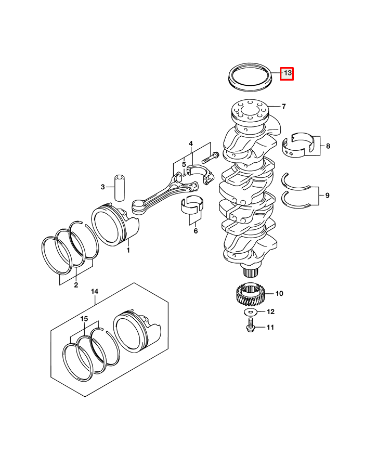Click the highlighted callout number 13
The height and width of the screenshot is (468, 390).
click(287, 73)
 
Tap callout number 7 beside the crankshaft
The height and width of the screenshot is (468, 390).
click(284, 107)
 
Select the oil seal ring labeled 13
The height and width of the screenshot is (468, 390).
click(250, 77)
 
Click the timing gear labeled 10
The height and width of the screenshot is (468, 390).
click(250, 294)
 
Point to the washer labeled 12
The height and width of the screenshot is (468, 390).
click(250, 313)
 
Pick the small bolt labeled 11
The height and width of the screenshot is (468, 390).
click(250, 326)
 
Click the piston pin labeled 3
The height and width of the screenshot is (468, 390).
click(120, 188)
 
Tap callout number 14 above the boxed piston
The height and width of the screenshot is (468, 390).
click(94, 291)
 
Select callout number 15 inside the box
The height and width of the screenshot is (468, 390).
click(84, 319)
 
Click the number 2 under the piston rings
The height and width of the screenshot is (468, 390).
click(76, 285)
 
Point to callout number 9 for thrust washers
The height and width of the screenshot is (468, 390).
click(327, 196)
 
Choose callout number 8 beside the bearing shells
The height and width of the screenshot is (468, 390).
click(328, 146)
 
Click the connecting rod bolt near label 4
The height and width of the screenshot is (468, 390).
click(211, 157)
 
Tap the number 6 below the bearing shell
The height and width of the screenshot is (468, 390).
click(196, 231)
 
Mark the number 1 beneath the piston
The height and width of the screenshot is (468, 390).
click(128, 250)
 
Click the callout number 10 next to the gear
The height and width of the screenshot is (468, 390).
click(279, 294)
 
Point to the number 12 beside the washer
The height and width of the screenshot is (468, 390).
click(270, 312)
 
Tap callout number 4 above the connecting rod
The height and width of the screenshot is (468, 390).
click(191, 144)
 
